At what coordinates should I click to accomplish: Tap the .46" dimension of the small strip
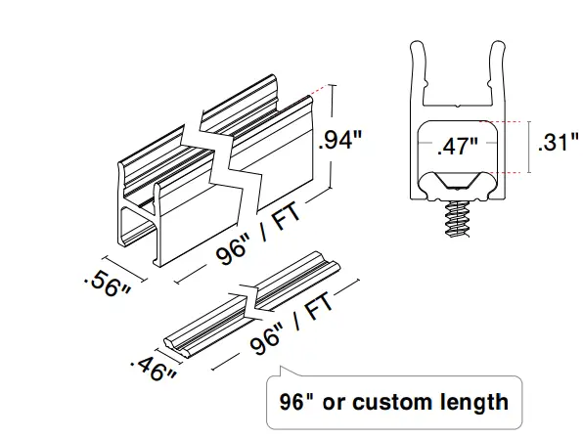(152, 368)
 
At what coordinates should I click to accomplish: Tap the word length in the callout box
(473, 401)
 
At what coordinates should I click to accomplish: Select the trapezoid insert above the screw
(457, 183)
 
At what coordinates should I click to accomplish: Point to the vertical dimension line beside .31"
(528, 146)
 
